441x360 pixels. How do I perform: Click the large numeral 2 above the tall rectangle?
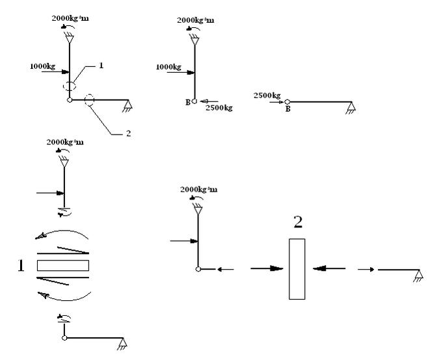[297, 223]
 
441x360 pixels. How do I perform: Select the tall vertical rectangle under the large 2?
[297, 269]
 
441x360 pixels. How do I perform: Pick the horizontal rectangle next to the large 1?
[63, 264]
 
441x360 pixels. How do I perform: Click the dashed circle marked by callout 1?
[69, 85]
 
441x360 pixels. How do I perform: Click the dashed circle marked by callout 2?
[90, 101]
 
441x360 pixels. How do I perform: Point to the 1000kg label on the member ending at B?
[169, 66]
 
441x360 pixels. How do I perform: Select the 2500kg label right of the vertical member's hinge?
[218, 107]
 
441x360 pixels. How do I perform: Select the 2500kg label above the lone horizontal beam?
[267, 95]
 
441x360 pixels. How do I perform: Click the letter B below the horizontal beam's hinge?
[287, 110]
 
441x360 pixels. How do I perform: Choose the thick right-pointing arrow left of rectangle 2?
[268, 268]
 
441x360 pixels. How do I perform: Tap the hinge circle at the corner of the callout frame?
[69, 100]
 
